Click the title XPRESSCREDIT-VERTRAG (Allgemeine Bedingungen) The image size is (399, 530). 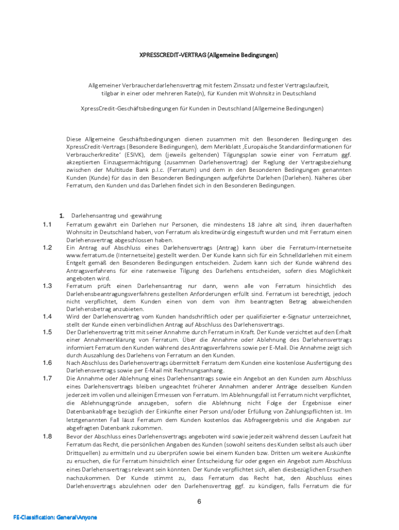[x=209, y=55]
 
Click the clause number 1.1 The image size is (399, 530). [x=47, y=225]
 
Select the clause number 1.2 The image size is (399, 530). [x=47, y=247]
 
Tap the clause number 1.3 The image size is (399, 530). [x=47, y=286]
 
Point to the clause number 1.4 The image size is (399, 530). [x=47, y=316]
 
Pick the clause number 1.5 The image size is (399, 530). [x=47, y=332]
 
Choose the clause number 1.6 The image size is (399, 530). [x=47, y=363]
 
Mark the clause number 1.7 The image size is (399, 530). [x=47, y=378]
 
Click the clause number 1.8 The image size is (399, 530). [x=47, y=436]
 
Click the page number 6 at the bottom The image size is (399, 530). [x=199, y=502]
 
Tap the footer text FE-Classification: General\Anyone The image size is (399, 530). [x=55, y=517]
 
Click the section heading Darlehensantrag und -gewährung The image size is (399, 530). [x=117, y=215]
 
